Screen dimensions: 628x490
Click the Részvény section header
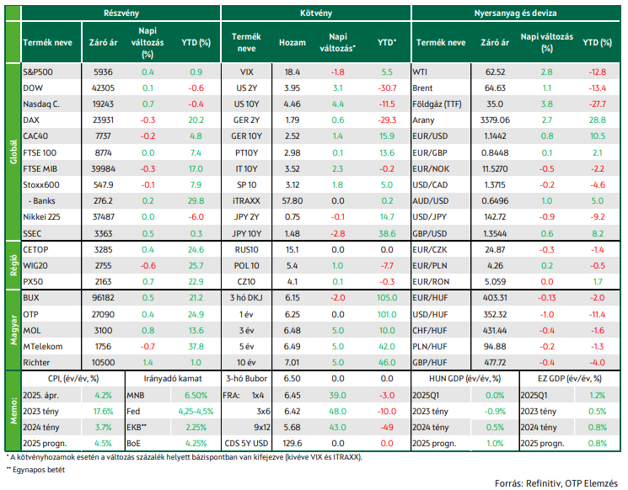tap(121, 13)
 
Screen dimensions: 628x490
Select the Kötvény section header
tap(316, 13)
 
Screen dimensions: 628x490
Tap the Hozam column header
tap(293, 42)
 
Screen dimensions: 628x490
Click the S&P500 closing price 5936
tap(103, 72)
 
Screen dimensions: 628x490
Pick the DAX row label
tap(31, 120)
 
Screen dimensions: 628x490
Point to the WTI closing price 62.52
tap(495, 72)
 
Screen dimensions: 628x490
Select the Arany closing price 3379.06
tap(495, 120)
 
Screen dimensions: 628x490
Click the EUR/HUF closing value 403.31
tap(495, 297)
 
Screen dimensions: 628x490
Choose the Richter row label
tap(36, 362)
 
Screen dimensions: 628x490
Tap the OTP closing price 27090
tap(103, 314)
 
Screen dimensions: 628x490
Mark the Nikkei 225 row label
tap(41, 217)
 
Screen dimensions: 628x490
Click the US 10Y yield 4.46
tap(293, 104)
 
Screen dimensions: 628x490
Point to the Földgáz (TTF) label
tap(437, 104)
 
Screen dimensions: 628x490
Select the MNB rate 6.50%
tap(196, 395)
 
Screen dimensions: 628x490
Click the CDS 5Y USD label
tap(246, 443)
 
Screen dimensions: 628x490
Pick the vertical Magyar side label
tap(13, 330)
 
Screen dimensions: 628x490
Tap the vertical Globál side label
tap(13, 152)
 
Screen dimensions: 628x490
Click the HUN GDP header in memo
tap(465, 378)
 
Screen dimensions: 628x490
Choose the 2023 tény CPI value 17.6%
tap(104, 411)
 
